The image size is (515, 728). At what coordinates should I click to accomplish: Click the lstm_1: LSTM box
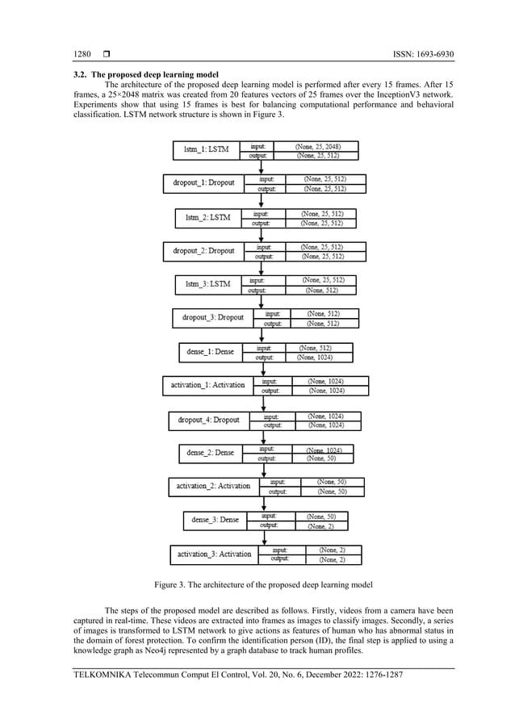207,151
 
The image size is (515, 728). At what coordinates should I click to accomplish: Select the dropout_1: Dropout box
203,183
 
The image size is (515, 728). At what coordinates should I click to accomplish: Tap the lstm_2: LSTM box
207,218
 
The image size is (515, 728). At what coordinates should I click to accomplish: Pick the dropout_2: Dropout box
203,251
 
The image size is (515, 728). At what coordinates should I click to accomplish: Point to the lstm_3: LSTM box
207,285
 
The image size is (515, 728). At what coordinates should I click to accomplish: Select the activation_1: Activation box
207,385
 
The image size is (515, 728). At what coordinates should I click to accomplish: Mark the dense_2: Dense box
210,454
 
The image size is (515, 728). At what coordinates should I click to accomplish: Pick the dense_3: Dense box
215,521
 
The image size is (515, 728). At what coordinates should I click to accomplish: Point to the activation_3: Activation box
214,554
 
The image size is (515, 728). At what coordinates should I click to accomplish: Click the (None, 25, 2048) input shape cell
317,147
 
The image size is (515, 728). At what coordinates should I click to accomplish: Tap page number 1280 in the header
82,55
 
